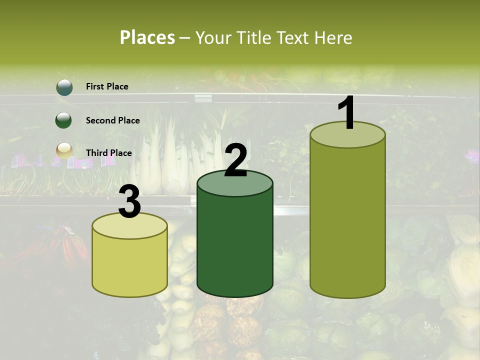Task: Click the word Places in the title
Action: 147,37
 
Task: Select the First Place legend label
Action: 107,86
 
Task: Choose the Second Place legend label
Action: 112,120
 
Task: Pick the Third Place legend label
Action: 108,153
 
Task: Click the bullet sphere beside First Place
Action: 64,87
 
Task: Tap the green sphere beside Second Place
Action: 63,120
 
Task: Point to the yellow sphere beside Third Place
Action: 64,150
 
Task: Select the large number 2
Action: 235,160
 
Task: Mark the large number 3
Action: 129,202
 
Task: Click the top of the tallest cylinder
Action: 347,135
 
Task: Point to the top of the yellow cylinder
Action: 129,226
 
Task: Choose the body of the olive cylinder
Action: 347,220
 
